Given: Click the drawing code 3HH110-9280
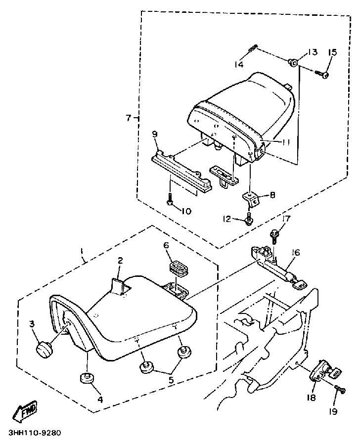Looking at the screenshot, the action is (x=35, y=433).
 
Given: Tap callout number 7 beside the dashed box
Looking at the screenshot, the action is (x=129, y=118).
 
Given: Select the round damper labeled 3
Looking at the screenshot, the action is (x=45, y=350).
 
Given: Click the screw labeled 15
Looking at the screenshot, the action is (x=322, y=73).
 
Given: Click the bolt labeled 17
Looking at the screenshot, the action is (x=273, y=237).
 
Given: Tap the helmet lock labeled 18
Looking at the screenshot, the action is (x=324, y=372).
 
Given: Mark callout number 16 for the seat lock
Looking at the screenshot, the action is (x=295, y=253).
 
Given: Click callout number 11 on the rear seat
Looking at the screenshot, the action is (x=285, y=142).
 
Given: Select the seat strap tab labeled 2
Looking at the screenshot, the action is (x=117, y=286).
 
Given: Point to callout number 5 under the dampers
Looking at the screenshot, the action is (x=171, y=380).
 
